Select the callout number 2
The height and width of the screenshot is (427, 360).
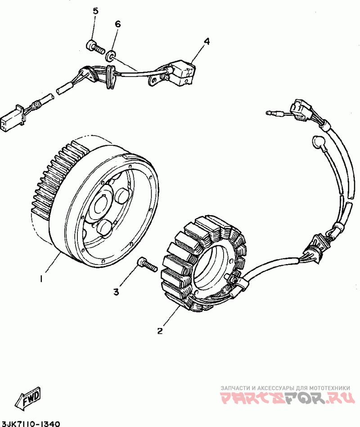(x=159, y=331)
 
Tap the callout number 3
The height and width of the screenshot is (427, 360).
(x=116, y=292)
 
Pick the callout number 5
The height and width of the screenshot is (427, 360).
(x=95, y=11)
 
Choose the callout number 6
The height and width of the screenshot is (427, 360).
(x=118, y=24)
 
